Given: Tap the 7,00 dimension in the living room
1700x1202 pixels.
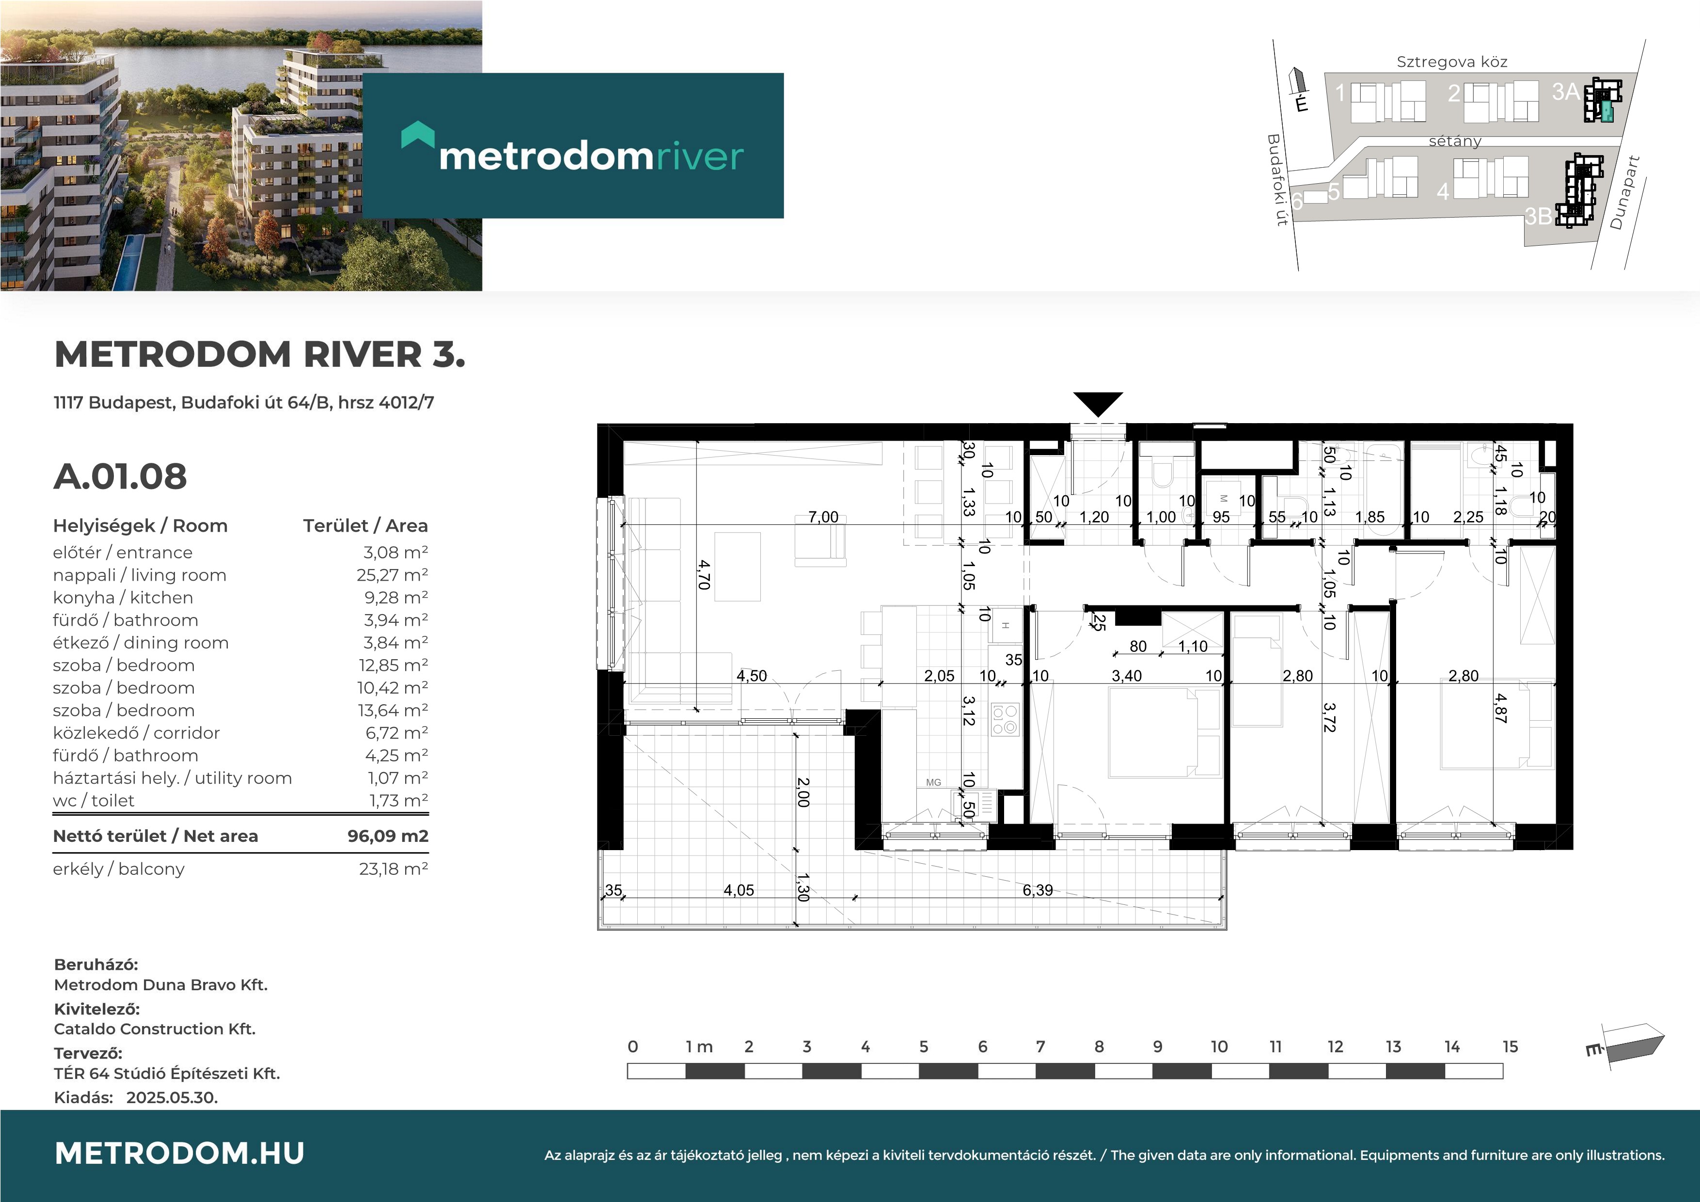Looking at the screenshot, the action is tap(823, 517).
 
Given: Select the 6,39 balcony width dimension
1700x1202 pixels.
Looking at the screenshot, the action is tap(1038, 890).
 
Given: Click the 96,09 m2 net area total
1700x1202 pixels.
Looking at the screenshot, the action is tap(388, 836).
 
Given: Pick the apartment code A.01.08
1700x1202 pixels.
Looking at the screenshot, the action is tap(120, 476).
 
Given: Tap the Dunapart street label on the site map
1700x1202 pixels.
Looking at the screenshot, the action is tap(1625, 192).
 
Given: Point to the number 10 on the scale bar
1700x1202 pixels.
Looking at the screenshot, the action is tap(1219, 1046).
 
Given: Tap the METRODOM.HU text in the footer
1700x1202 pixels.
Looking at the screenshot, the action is tap(180, 1153).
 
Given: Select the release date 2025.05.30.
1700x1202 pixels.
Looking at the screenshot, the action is tap(172, 1098).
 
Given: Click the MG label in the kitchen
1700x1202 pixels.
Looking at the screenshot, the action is tap(933, 782).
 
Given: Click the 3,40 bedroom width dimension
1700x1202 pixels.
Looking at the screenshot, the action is tap(1126, 676).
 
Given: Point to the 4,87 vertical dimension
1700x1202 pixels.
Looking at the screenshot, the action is tap(1500, 709).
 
